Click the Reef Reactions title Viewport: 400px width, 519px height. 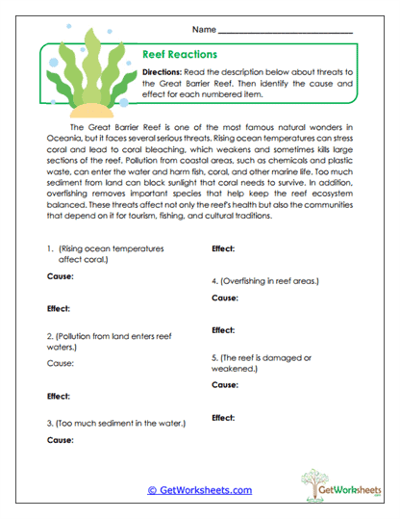point(180,55)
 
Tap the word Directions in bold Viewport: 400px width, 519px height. point(168,72)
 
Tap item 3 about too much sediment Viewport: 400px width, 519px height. point(115,423)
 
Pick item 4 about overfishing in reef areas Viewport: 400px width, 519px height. point(264,281)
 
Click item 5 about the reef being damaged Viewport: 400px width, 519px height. point(261,362)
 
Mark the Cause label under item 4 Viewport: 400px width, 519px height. point(225,298)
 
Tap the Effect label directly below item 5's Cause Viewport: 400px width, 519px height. point(224,417)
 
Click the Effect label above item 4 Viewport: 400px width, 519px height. point(224,248)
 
